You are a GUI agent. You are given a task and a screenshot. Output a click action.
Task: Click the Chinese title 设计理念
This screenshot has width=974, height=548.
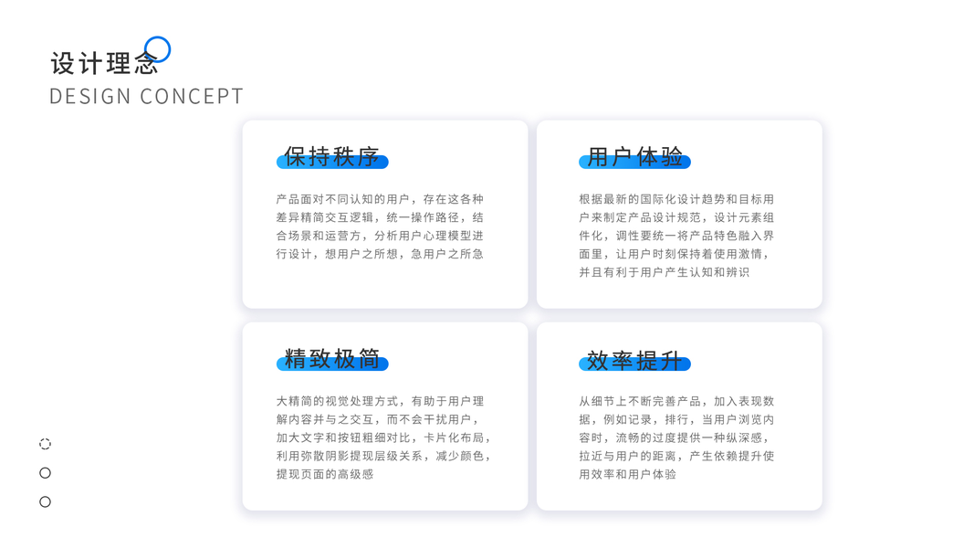click(103, 63)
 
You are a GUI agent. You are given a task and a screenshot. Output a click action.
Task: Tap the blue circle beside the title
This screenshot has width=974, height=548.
click(158, 49)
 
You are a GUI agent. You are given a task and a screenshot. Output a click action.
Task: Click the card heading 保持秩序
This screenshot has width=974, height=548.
click(331, 157)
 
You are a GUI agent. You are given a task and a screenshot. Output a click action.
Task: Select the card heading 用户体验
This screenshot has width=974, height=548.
click(634, 157)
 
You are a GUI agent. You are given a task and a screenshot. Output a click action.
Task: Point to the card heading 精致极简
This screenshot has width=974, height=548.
click(331, 359)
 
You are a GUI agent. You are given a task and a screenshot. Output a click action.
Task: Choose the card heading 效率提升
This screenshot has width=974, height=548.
click(634, 361)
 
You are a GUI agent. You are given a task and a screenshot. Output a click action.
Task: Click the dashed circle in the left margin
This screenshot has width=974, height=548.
click(45, 444)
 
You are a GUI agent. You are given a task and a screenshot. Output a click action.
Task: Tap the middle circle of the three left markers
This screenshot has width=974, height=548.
click(45, 473)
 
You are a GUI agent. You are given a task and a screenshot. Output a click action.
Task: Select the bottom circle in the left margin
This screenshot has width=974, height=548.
click(45, 501)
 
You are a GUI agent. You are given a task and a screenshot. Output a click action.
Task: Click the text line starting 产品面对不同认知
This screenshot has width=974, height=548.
click(380, 199)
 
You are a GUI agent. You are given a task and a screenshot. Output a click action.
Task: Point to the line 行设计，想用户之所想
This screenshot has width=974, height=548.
click(380, 254)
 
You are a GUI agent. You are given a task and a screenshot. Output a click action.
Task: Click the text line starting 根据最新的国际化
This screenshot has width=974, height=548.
click(676, 199)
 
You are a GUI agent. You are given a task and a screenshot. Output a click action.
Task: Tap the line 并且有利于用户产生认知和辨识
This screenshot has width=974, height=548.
click(664, 272)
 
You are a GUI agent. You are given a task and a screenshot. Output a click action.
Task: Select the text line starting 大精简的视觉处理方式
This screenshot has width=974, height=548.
click(380, 401)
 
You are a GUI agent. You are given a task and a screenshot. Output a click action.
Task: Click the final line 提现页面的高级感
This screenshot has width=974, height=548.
click(325, 474)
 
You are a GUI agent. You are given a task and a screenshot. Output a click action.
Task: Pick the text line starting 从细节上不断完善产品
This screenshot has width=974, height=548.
click(676, 401)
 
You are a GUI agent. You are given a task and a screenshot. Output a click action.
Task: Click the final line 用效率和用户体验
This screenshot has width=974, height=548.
click(627, 474)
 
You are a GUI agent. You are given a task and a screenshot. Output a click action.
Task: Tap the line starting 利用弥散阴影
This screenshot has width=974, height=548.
click(383, 456)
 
